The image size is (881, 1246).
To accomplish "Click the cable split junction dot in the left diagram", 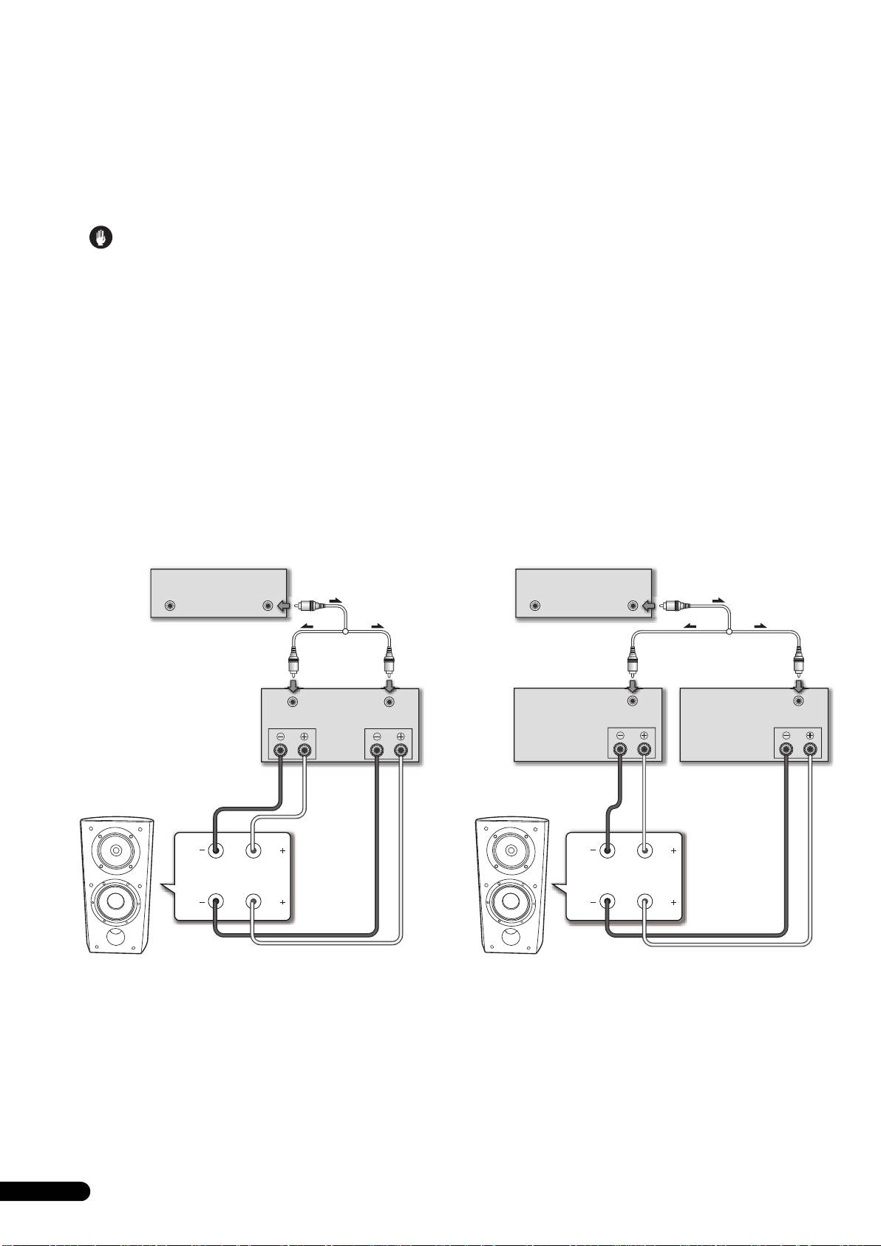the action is (345, 630).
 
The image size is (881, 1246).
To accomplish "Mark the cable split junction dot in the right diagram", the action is (729, 632).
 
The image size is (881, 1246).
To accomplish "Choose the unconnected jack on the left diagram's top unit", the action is (171, 606).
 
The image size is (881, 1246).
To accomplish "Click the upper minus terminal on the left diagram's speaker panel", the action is (216, 850).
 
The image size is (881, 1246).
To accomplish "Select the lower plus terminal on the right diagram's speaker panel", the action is (646, 901).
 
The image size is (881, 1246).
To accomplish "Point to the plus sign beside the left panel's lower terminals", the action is (282, 903).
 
